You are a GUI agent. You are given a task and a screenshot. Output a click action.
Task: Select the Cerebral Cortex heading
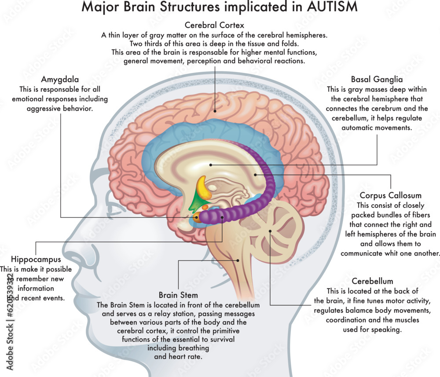click(214, 25)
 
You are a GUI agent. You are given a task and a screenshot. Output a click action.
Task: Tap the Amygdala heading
click(60, 80)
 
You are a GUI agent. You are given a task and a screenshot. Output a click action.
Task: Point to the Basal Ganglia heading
click(377, 80)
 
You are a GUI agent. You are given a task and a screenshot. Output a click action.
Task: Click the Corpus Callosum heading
click(390, 195)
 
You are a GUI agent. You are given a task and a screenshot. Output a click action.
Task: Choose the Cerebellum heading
click(372, 281)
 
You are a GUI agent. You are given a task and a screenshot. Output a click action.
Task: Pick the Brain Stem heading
click(178, 295)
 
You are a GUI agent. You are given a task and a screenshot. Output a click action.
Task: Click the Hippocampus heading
click(36, 259)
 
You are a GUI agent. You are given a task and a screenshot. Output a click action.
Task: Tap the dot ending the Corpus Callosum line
click(255, 175)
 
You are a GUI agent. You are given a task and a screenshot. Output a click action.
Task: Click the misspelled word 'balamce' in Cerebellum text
click(363, 311)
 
